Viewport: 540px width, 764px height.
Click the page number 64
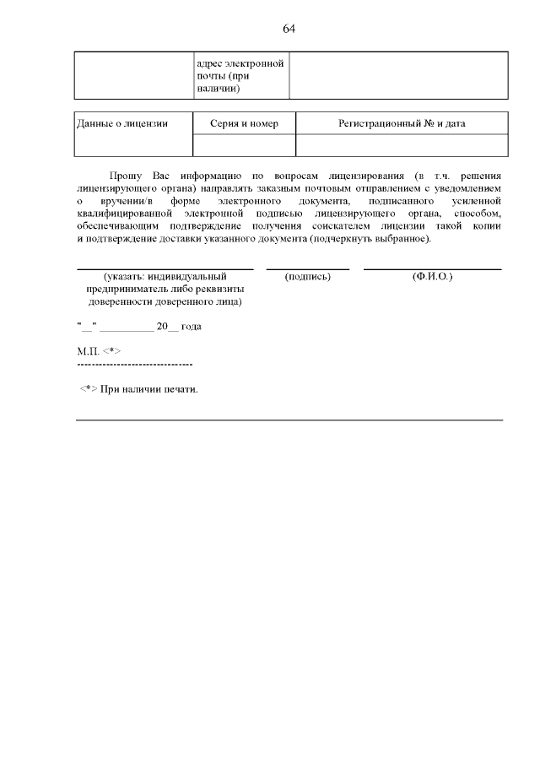(x=289, y=29)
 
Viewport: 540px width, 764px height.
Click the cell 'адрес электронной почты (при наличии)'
(x=240, y=75)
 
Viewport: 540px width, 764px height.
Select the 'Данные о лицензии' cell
(x=122, y=124)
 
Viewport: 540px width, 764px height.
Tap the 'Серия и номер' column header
(x=244, y=124)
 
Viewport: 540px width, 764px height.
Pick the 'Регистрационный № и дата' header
(x=402, y=124)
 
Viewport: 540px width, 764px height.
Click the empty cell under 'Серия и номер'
(x=244, y=145)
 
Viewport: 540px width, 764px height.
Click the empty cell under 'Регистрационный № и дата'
(x=402, y=145)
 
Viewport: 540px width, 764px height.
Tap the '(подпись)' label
(x=308, y=277)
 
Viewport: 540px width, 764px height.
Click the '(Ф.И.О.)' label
(x=433, y=277)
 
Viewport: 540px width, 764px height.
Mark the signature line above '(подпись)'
(x=308, y=268)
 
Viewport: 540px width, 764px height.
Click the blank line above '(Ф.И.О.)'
(x=433, y=268)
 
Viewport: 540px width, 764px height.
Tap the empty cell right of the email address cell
(x=398, y=75)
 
